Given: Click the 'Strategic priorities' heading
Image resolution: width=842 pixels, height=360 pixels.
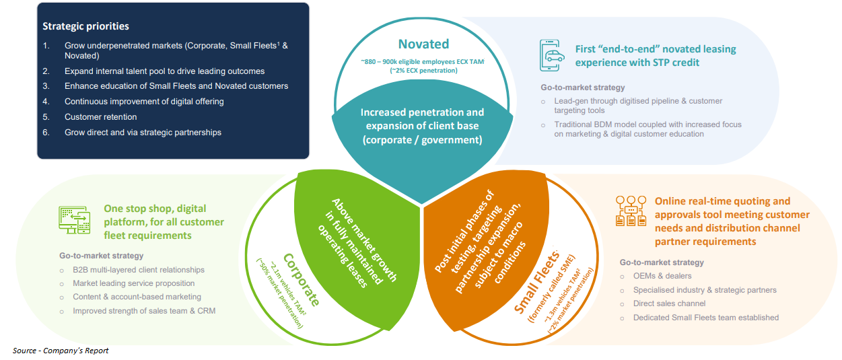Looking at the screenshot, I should coord(85,26).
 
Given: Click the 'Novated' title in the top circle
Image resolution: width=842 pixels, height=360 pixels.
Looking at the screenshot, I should coord(423,44).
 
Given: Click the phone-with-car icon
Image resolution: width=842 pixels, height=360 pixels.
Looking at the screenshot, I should coord(551,55).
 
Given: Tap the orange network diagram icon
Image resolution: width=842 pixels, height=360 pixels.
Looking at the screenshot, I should coord(631,211).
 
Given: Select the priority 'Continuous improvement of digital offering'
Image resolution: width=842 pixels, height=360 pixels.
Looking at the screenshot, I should coord(144,101).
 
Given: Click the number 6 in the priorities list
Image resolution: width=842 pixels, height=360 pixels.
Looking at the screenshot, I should coord(46,132).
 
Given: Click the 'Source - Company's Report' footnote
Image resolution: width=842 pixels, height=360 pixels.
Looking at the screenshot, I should coord(61,351).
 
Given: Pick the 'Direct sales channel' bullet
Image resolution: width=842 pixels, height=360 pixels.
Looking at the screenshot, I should coord(669,303).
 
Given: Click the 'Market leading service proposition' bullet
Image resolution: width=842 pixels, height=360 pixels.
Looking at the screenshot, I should coord(133,283).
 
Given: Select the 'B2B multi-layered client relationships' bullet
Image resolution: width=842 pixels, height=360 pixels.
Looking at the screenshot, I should coord(138,270).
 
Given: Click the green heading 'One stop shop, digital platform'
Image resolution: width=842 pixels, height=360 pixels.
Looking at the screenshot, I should coord(164,221).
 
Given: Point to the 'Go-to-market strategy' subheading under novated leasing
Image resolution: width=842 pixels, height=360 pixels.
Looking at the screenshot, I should coord(583,87).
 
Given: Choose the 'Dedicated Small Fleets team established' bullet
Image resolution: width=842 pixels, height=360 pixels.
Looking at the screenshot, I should coord(705,317).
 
